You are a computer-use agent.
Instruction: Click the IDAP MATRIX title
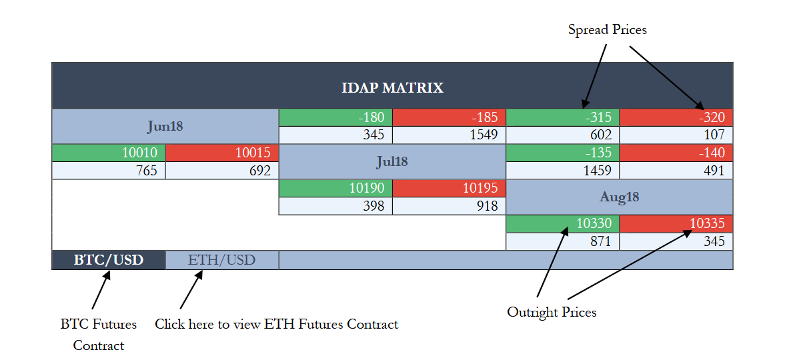(392, 88)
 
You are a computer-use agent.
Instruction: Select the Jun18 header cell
(165, 127)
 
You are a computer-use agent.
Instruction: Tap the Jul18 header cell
(392, 161)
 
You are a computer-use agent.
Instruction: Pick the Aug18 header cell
(620, 197)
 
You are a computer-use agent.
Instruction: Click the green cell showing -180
(335, 117)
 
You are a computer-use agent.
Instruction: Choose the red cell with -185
(449, 117)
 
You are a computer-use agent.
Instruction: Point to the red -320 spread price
(676, 117)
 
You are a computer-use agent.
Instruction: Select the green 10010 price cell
(109, 153)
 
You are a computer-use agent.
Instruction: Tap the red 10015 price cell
(222, 153)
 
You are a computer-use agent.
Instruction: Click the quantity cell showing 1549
(449, 135)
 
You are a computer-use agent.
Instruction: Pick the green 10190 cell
(335, 188)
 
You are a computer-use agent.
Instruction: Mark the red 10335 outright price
(676, 223)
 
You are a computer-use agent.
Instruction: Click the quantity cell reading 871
(563, 241)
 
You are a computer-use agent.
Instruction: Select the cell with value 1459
(563, 171)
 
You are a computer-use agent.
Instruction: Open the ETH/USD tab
(222, 260)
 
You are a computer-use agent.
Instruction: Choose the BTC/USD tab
(109, 260)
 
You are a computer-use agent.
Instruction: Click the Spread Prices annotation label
(608, 29)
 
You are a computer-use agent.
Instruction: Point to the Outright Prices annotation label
(552, 313)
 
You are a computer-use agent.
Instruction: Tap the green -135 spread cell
(563, 153)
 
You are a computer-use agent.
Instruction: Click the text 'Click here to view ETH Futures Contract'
(277, 324)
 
